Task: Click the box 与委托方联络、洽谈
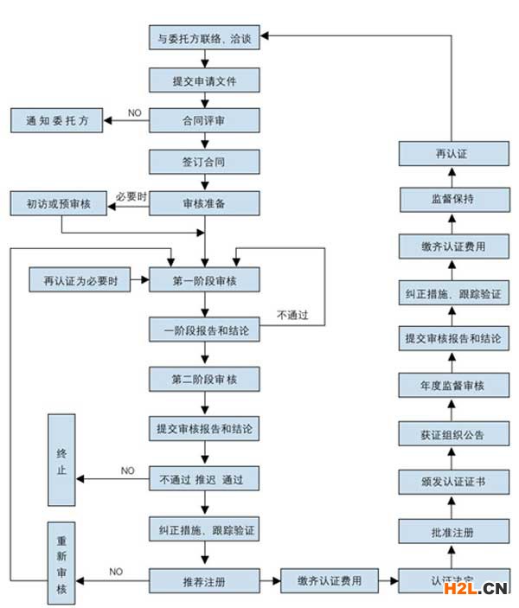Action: pos(204,39)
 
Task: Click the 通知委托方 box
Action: pos(56,120)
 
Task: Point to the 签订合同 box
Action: pos(204,161)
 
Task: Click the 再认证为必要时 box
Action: pos(80,280)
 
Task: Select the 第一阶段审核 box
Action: pos(204,280)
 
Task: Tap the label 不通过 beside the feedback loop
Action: pos(293,315)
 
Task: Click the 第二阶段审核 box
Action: pos(204,379)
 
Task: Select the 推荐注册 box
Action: pos(204,580)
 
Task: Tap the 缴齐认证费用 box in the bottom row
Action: pos(329,580)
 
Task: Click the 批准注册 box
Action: pos(451,531)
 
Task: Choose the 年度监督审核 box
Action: pos(451,384)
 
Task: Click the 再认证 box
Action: pos(451,154)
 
